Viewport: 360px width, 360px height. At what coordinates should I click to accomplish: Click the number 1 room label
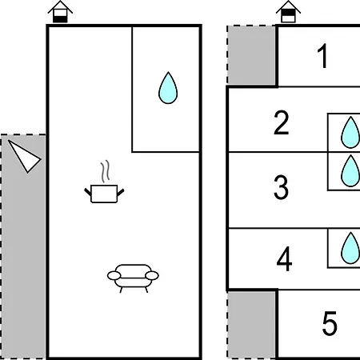(x=322, y=56)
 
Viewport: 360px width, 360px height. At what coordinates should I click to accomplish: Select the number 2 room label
(x=282, y=122)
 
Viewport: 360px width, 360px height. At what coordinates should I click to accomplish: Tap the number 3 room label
(x=281, y=187)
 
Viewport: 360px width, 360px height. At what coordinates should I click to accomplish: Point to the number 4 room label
(x=284, y=258)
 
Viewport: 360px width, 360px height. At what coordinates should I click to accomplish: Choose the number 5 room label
(x=330, y=323)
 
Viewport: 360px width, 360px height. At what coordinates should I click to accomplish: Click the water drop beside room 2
(x=350, y=133)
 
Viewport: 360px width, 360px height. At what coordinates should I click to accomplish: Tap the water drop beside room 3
(x=350, y=171)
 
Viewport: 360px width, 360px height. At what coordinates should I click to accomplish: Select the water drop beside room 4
(x=350, y=248)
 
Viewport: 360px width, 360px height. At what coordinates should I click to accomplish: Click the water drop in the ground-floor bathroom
(x=168, y=88)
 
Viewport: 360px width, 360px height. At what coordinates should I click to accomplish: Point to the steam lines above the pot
(x=105, y=171)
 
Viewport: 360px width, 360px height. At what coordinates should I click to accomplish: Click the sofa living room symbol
(x=133, y=278)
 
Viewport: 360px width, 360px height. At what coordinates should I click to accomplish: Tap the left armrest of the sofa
(x=114, y=276)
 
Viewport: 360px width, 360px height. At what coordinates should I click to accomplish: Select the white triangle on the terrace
(x=25, y=156)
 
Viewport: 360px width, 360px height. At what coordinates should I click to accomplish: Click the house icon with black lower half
(x=60, y=12)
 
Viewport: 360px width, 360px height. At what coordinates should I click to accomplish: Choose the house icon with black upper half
(x=288, y=12)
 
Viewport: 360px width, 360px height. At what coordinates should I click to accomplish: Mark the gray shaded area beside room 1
(x=251, y=55)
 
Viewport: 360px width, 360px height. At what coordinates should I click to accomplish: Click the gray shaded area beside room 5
(x=251, y=325)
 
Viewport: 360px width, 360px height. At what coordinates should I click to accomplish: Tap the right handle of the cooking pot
(x=121, y=192)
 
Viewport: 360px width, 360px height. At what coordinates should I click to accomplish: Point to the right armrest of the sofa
(x=152, y=276)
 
